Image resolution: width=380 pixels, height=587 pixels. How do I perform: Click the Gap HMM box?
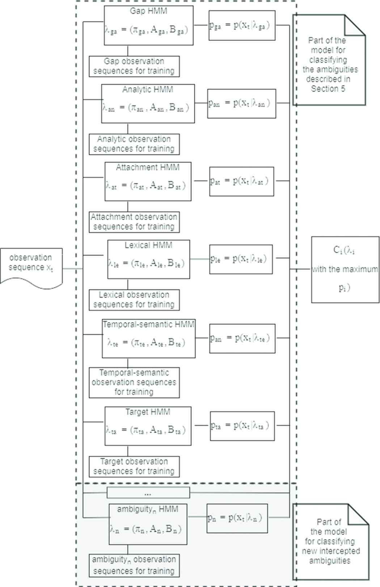pyautogui.click(x=148, y=25)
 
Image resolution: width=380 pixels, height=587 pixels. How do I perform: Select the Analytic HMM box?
pyautogui.click(x=148, y=104)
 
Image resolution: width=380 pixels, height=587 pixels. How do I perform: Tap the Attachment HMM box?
pyautogui.click(x=148, y=181)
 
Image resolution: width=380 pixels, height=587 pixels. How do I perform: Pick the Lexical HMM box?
pyautogui.click(x=148, y=259)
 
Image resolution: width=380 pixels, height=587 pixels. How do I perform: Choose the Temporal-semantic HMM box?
pyautogui.click(x=148, y=338)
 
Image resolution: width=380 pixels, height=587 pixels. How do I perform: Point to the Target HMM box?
pyautogui.click(x=148, y=426)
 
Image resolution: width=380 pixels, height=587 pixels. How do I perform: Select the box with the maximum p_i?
pyautogui.click(x=345, y=269)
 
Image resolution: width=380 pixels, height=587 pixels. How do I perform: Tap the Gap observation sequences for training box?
pyautogui.click(x=134, y=66)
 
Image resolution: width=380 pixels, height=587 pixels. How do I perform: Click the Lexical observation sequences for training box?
pyautogui.click(x=134, y=300)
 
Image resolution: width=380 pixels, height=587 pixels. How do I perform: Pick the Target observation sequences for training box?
pyautogui.click(x=134, y=466)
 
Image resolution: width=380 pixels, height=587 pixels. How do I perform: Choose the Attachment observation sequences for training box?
pyautogui.click(x=134, y=222)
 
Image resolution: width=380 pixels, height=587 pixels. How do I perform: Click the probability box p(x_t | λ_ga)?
pyautogui.click(x=242, y=25)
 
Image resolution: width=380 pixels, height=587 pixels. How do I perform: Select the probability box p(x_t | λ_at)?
pyautogui.click(x=241, y=181)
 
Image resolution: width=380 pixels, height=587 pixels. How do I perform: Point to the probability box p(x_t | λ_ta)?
pyautogui.click(x=242, y=426)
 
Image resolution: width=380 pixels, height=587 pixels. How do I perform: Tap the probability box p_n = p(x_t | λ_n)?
pyautogui.click(x=237, y=518)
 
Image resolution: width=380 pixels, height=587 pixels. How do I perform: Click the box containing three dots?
pyautogui.click(x=148, y=493)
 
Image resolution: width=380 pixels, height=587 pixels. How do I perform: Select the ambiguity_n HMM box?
pyautogui.click(x=148, y=524)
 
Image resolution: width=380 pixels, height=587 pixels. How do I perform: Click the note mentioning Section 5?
pyautogui.click(x=329, y=62)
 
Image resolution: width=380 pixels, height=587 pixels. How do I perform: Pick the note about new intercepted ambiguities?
pyautogui.click(x=330, y=542)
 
